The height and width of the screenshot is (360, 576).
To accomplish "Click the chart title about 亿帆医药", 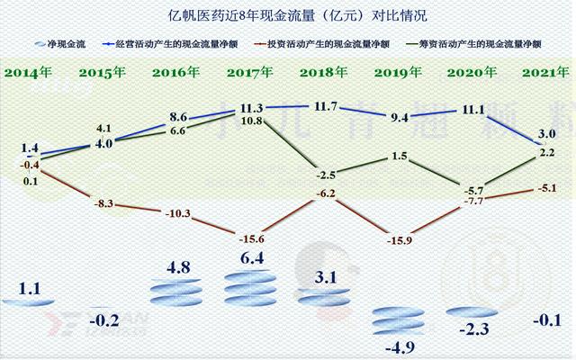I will (x=287, y=15).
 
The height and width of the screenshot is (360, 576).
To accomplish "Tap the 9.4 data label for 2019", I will (x=398, y=117).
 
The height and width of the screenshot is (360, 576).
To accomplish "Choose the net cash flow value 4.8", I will (x=177, y=267).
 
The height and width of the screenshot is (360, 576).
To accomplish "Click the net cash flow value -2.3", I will (x=472, y=331).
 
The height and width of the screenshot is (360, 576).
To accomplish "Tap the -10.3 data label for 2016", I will (x=179, y=213).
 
